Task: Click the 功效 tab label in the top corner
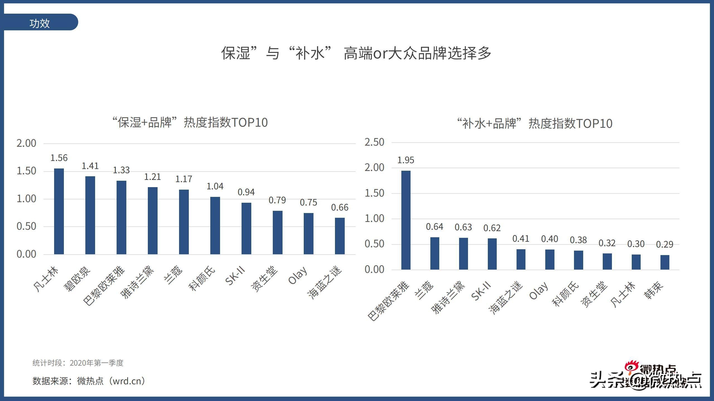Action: pyautogui.click(x=39, y=23)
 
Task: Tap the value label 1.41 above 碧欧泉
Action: pyautogui.click(x=90, y=166)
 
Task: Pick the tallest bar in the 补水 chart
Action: pyautogui.click(x=406, y=220)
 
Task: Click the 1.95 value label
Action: pyautogui.click(x=406, y=160)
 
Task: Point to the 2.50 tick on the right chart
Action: pyautogui.click(x=374, y=142)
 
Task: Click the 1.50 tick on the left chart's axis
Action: pyautogui.click(x=26, y=171)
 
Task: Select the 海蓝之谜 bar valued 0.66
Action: pyautogui.click(x=340, y=236)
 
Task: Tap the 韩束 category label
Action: pyautogui.click(x=653, y=290)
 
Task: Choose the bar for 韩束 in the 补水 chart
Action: pyautogui.click(x=665, y=262)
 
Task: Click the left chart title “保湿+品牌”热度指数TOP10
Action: pyautogui.click(x=190, y=122)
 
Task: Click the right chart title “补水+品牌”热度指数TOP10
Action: pyautogui.click(x=535, y=123)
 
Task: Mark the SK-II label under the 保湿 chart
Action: pyautogui.click(x=235, y=276)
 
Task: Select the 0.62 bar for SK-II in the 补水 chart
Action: pyautogui.click(x=492, y=254)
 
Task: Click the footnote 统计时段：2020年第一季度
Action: pyautogui.click(x=78, y=363)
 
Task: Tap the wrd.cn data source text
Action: pyautogui.click(x=129, y=381)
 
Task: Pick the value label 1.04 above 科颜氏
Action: pyautogui.click(x=215, y=186)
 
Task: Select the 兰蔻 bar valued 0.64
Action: pyautogui.click(x=435, y=253)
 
